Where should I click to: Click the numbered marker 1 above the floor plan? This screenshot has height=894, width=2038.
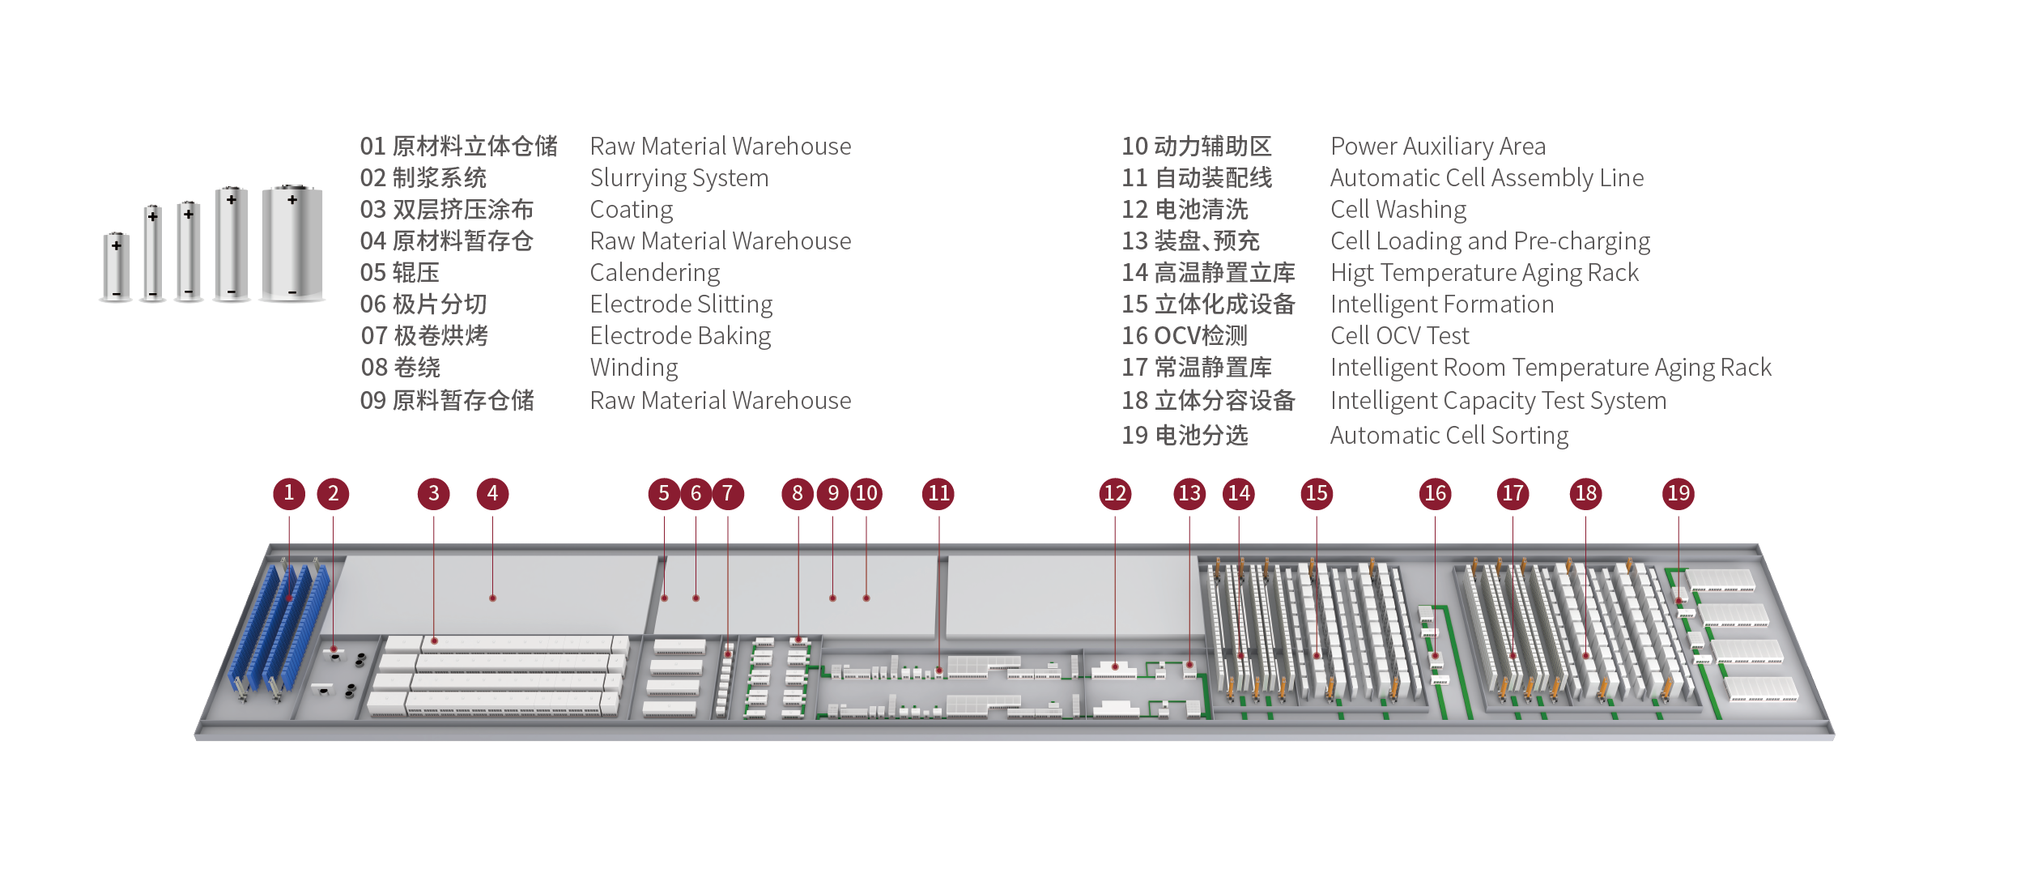coord(289,493)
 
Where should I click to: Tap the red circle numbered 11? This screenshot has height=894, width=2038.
coord(938,493)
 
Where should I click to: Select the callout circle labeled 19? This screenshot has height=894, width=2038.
coord(1678,493)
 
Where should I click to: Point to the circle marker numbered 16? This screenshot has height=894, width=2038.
coord(1435,493)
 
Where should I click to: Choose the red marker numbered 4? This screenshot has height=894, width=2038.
coord(492,493)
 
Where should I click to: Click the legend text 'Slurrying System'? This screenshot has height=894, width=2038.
coord(679,178)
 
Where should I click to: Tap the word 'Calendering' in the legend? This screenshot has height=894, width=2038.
coord(654,273)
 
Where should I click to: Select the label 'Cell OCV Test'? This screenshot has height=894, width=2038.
coord(1399,336)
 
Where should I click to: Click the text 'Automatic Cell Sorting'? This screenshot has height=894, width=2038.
coord(1449,436)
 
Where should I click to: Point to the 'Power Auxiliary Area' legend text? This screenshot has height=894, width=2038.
coord(1437,147)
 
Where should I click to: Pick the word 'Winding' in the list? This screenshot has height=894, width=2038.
coord(633,368)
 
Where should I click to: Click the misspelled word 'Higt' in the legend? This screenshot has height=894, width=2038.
coord(1351,273)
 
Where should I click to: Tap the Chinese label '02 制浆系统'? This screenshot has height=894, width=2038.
coord(423,178)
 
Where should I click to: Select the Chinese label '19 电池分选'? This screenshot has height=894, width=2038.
coord(1184,436)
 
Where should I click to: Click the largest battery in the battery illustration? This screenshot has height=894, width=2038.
coord(292,243)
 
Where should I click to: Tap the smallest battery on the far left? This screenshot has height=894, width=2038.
coord(117,266)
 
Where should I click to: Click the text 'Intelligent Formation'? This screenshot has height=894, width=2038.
coord(1441,304)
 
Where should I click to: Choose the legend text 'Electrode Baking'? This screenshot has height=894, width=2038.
coord(680,336)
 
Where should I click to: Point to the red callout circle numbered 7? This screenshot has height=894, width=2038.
coord(727,493)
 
